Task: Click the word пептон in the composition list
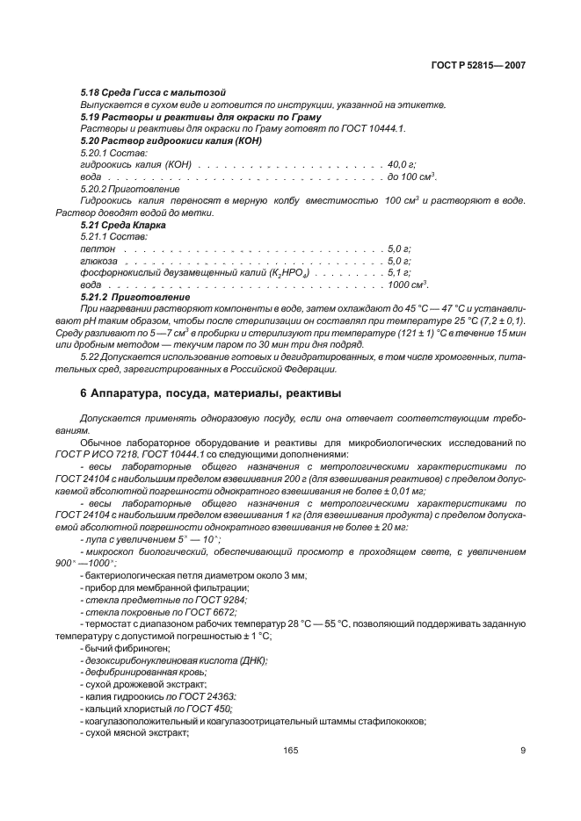98,249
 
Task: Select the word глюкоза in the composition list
99,261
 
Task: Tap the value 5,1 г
400,273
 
